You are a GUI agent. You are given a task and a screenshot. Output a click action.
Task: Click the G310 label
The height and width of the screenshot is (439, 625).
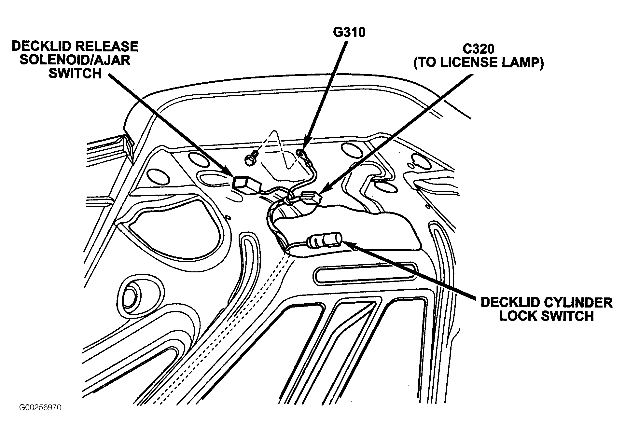click(x=349, y=33)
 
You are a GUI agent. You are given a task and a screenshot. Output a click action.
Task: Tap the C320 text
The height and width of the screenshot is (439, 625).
click(x=478, y=49)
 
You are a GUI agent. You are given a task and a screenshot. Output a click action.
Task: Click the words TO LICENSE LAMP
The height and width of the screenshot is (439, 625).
click(x=479, y=62)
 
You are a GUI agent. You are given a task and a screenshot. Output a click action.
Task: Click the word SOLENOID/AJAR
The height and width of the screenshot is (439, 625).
click(x=75, y=60)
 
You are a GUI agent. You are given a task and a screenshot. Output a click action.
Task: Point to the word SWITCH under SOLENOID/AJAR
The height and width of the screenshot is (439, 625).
click(x=75, y=74)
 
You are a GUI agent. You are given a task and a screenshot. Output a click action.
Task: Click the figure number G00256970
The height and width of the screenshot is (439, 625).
click(x=40, y=408)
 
